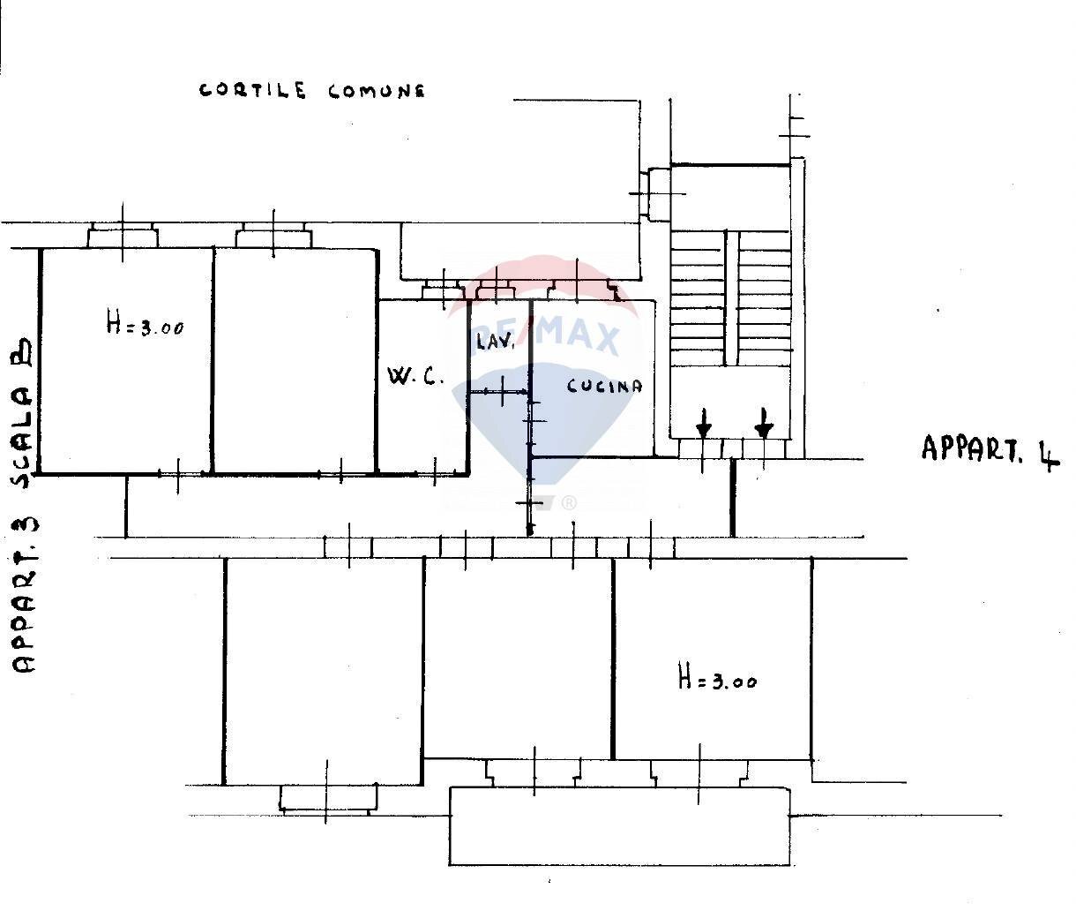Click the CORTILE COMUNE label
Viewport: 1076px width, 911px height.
312,90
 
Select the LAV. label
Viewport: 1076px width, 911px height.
495,342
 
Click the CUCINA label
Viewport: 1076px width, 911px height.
604,386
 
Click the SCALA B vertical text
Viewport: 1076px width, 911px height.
23,413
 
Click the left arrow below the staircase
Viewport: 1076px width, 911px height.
703,424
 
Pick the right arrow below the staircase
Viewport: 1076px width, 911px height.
764,424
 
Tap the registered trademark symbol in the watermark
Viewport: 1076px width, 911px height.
569,503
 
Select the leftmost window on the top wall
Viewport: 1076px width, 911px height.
123,236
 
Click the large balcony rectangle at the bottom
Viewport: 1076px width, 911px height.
619,826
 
